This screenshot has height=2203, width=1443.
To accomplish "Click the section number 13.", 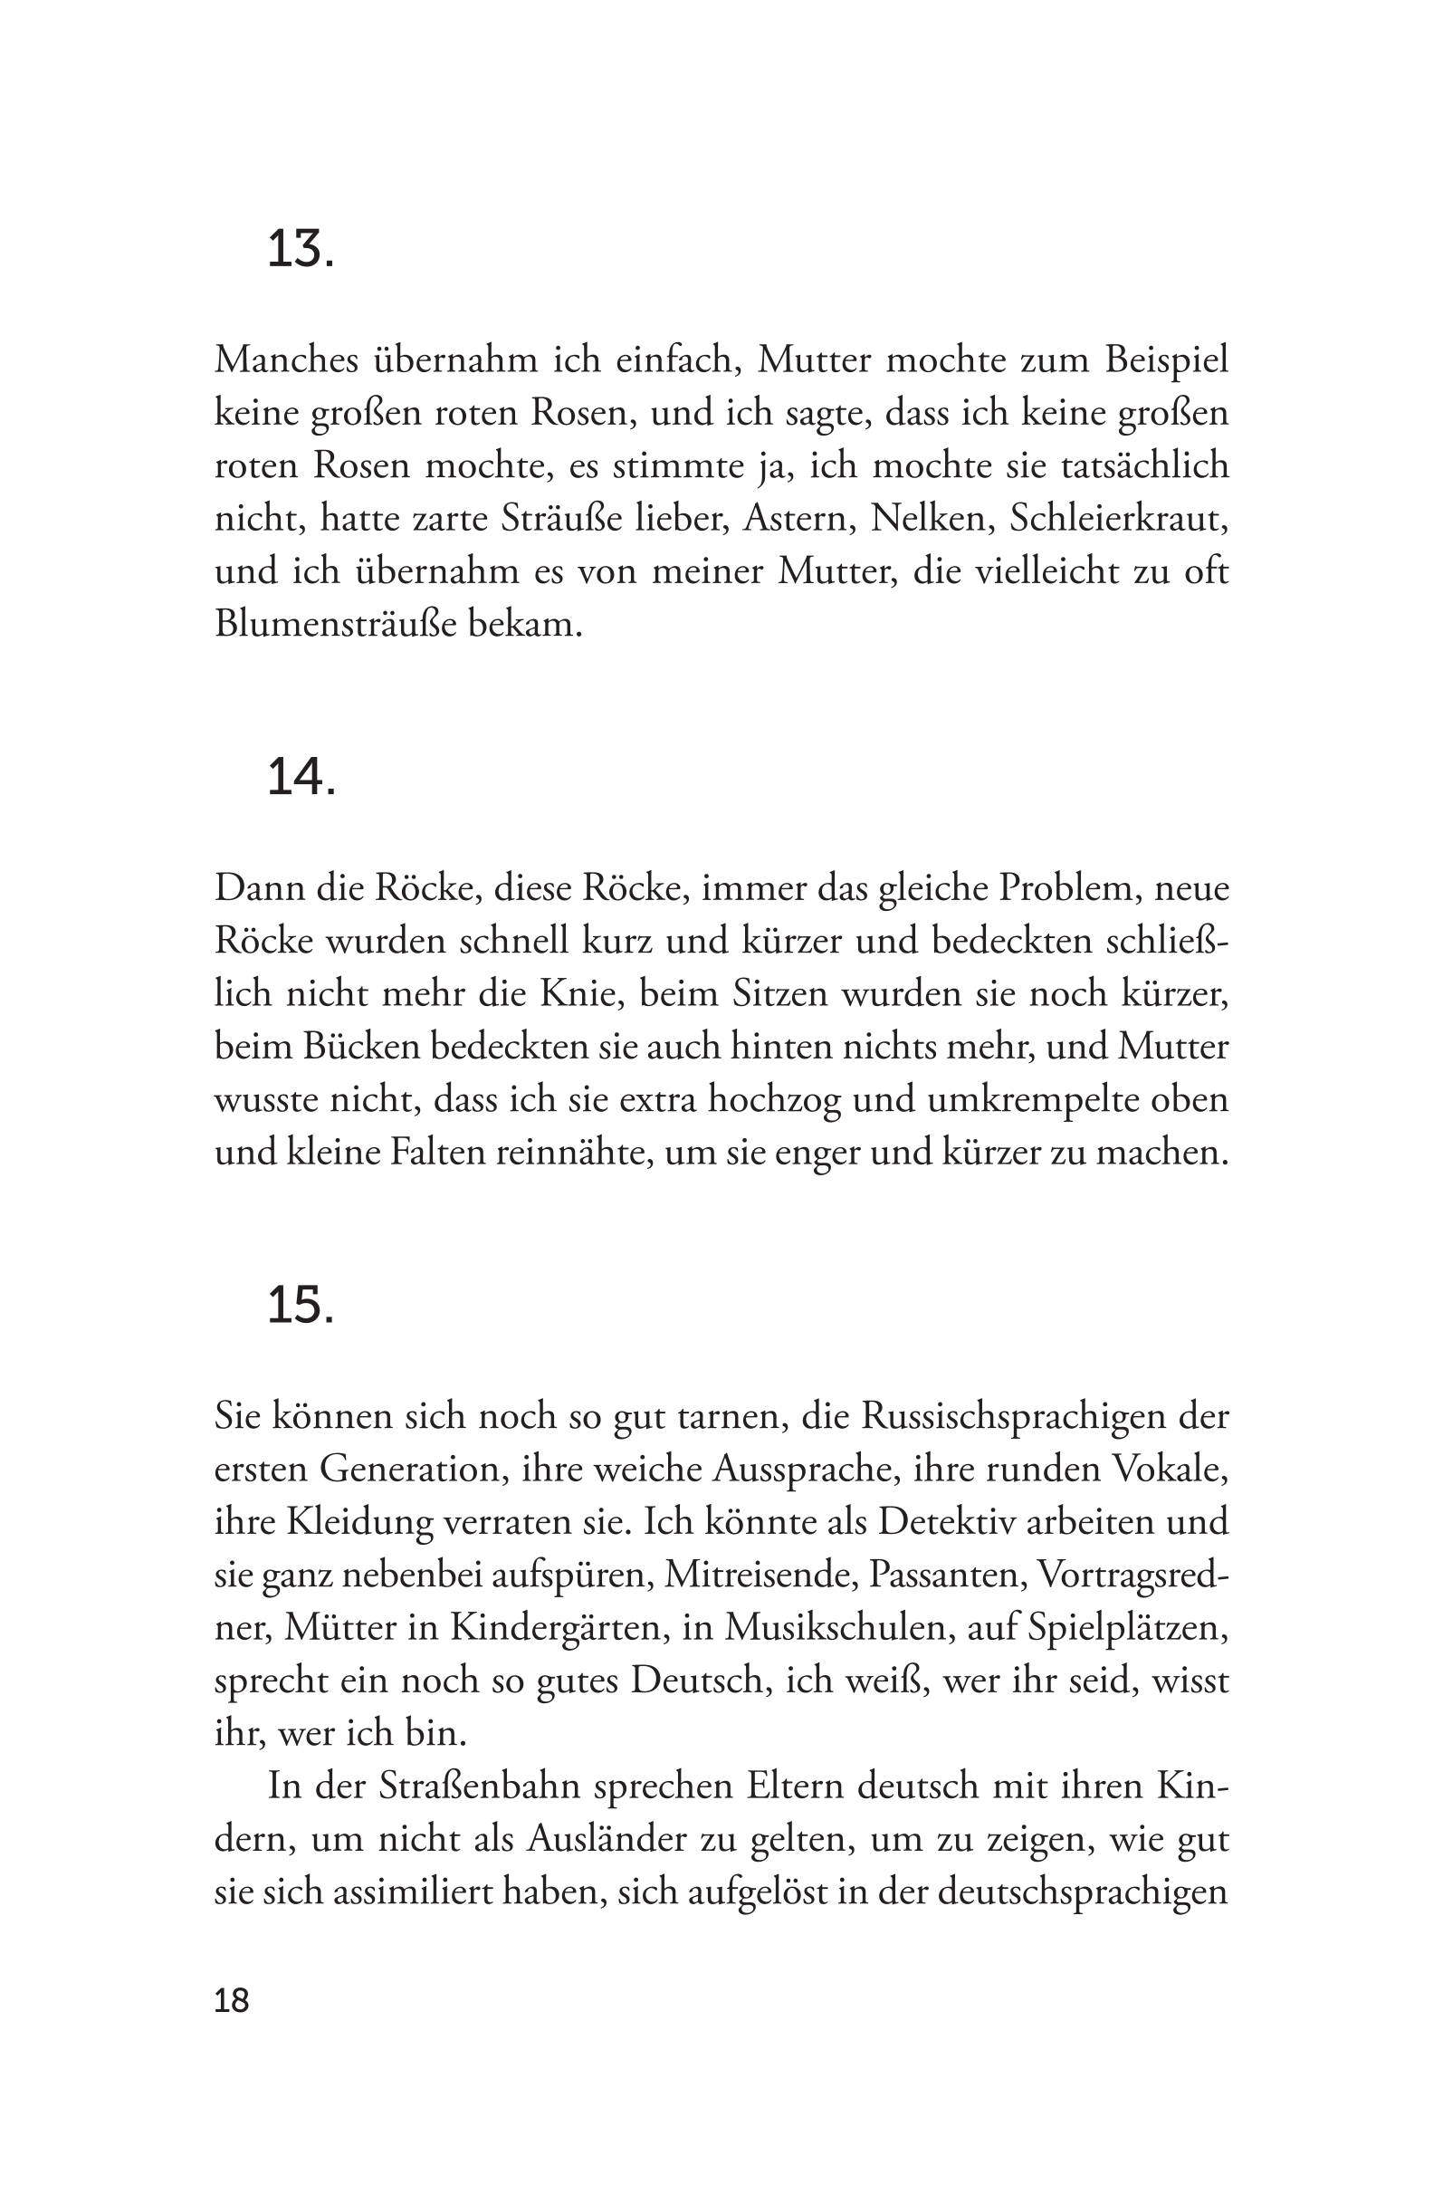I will click(299, 250).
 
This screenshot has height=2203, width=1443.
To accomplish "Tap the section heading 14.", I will click(300, 778).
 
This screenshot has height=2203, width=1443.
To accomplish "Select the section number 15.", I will click(299, 1306).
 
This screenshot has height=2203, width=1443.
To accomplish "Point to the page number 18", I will click(232, 2001).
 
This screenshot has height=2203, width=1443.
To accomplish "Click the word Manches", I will click(286, 360).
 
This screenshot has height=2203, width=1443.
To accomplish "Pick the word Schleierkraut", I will click(1118, 519).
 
